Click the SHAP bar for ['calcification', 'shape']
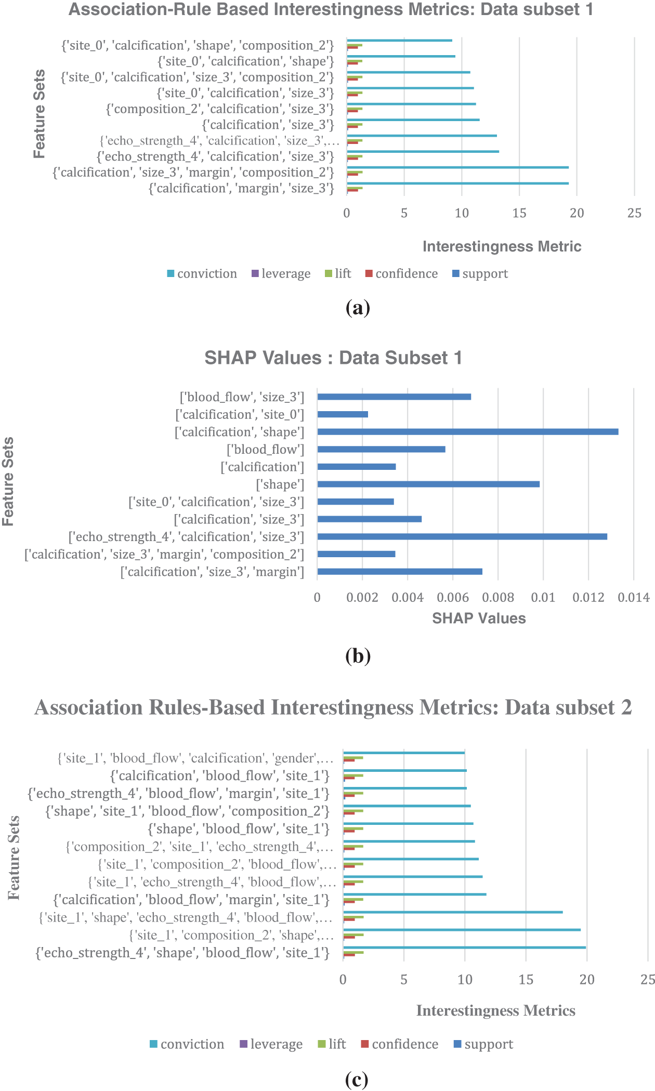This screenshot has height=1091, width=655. coord(467,432)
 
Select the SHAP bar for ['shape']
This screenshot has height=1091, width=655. coord(428,484)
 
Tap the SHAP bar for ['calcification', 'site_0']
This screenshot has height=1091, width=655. coord(343,415)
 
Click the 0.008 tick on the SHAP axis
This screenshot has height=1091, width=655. coord(498,598)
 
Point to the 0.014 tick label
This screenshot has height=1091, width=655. coord(634,598)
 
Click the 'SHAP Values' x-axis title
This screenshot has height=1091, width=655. coord(479,618)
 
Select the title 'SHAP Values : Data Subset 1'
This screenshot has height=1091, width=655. coord(333,358)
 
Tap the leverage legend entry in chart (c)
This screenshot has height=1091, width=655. coord(271,1044)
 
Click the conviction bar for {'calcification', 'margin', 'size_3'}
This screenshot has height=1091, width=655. coord(457,183)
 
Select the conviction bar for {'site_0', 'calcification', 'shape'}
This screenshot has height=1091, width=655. coord(401,56)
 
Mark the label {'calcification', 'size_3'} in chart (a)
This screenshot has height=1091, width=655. coord(268,125)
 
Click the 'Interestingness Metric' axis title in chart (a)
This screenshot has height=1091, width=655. coord(502,246)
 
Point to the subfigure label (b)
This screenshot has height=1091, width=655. coord(358,656)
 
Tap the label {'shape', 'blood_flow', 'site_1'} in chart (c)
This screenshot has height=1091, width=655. coord(239,829)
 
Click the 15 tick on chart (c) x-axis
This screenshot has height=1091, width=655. coord(526,980)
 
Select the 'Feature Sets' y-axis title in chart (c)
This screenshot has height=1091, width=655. coord(14,858)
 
